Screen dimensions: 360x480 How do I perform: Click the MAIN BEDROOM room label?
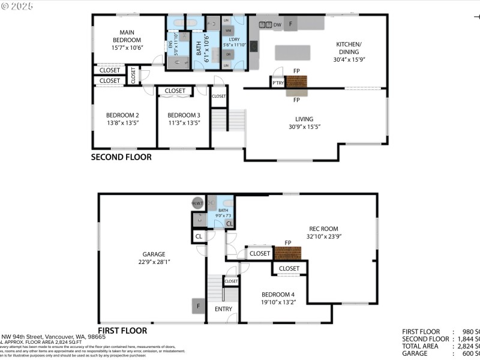tap(126, 37)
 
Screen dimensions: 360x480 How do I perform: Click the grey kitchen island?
tap(292, 53)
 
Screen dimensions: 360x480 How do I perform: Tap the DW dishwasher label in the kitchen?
tap(277, 25)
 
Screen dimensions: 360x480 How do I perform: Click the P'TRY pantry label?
tap(278, 83)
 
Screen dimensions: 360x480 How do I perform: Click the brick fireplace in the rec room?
tap(287, 253)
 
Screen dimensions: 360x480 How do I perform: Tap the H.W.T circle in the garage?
tap(198, 203)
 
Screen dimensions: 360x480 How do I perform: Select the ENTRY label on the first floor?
tap(223, 309)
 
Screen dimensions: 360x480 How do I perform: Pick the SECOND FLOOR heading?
tap(121, 157)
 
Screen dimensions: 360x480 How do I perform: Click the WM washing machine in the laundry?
tap(228, 29)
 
